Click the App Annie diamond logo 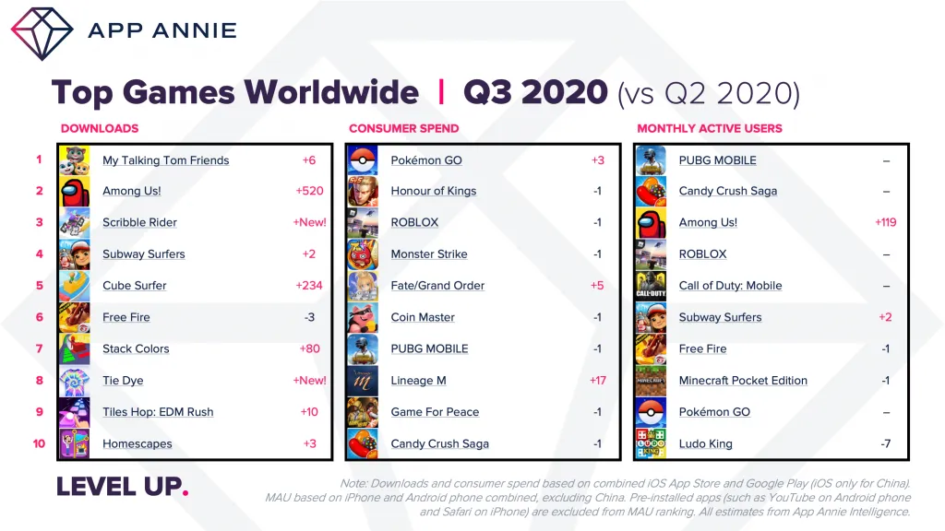click(42, 34)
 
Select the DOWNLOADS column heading click(100, 128)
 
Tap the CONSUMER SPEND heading click(404, 128)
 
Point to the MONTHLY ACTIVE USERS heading click(710, 128)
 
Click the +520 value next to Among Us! click(309, 191)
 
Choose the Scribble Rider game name click(140, 222)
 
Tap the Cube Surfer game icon click(75, 286)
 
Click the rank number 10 click(39, 443)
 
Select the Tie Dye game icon click(75, 381)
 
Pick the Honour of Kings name click(434, 191)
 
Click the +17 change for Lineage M click(598, 381)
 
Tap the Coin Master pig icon click(363, 317)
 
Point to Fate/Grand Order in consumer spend click(437, 286)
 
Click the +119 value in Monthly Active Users click(885, 222)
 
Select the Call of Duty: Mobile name click(731, 286)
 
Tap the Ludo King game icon click(651, 443)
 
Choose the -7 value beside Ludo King click(885, 443)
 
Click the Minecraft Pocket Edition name click(743, 381)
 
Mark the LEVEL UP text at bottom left click(123, 487)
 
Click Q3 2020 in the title click(535, 92)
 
